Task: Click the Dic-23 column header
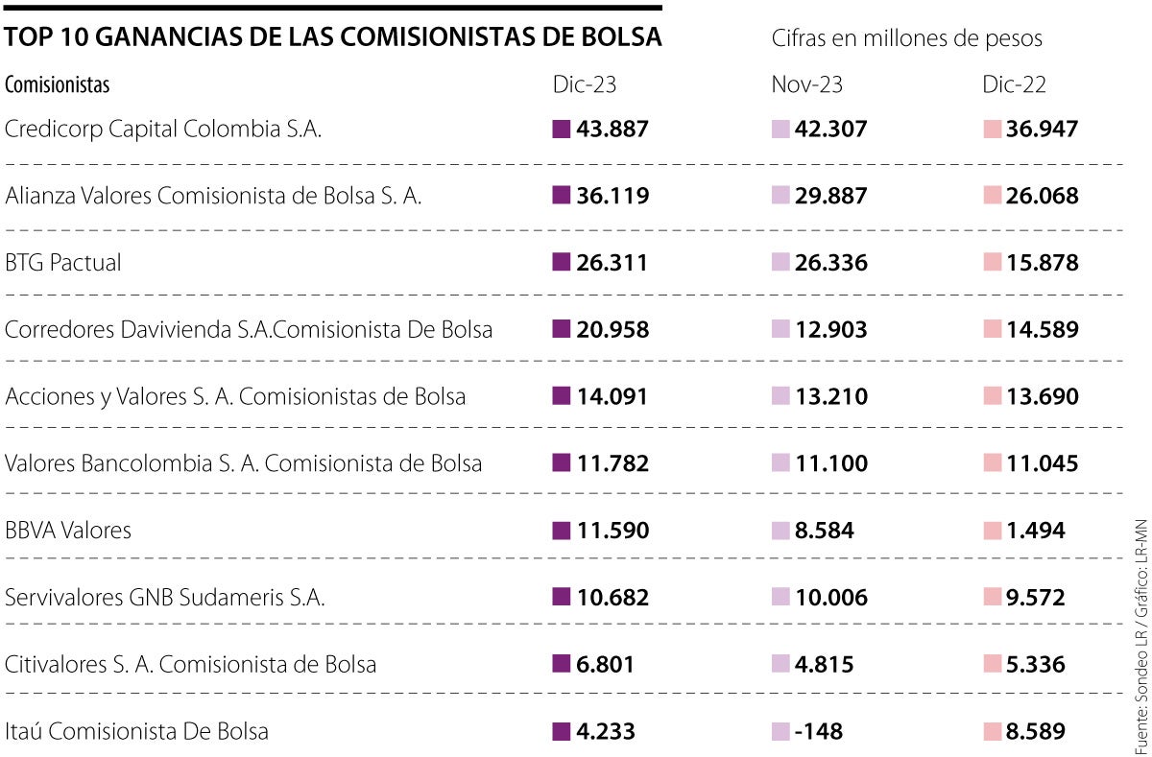point(584,84)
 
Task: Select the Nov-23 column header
point(806,84)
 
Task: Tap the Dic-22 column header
point(1014,84)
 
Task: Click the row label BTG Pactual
point(63,263)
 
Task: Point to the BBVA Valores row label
point(68,531)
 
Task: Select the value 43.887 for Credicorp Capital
point(612,129)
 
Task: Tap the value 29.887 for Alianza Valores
point(830,196)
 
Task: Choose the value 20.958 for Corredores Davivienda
point(612,330)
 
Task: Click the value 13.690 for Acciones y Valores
point(1042,396)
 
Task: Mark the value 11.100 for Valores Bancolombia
point(830,463)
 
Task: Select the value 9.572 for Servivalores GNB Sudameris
point(1036,598)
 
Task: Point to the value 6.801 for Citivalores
point(606,664)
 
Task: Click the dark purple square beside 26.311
point(562,263)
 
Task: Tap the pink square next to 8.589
point(992,732)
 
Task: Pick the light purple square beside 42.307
point(780,129)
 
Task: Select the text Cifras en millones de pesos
point(906,38)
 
